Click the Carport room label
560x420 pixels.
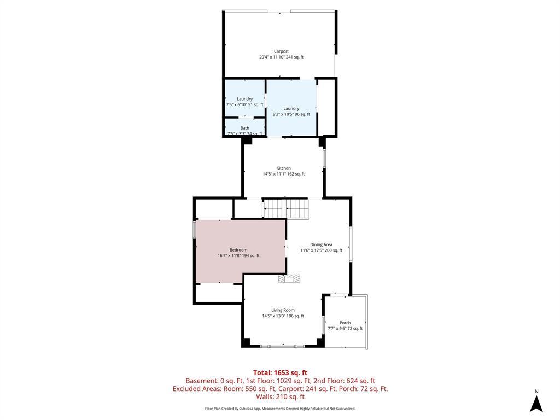click(x=282, y=51)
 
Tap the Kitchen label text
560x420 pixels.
click(x=284, y=168)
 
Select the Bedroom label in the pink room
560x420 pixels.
click(x=238, y=250)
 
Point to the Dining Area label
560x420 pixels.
click(x=321, y=244)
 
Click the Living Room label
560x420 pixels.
click(x=283, y=310)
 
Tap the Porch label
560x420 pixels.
click(x=345, y=323)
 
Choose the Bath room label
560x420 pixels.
click(x=244, y=128)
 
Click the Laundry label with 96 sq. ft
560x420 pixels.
click(x=291, y=109)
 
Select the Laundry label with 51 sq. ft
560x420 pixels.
click(x=244, y=99)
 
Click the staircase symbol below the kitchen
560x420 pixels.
click(x=285, y=208)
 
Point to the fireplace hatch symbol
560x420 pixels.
click(x=289, y=278)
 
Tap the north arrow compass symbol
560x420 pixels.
click(x=536, y=404)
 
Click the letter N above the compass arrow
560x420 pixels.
click(x=536, y=392)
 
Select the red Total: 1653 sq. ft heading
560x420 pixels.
click(x=280, y=373)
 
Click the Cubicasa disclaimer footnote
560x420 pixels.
click(x=280, y=408)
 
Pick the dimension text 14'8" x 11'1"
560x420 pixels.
click(x=274, y=174)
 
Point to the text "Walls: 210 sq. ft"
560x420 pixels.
click(x=280, y=397)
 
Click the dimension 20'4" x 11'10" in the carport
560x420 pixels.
click(x=272, y=57)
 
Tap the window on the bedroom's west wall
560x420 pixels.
click(x=195, y=229)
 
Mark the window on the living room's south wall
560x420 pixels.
click(x=282, y=346)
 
